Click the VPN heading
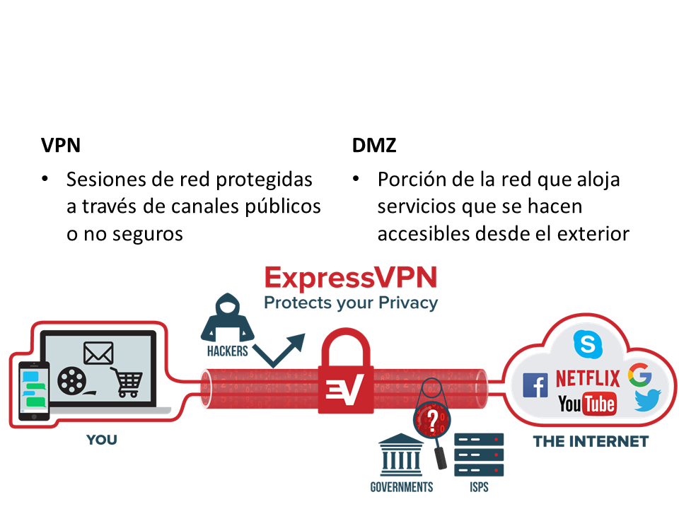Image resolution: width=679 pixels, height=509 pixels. click(x=61, y=146)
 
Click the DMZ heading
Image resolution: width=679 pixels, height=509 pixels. click(x=374, y=146)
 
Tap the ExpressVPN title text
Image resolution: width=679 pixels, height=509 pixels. click(x=350, y=276)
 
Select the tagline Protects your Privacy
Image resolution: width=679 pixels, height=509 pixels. click(x=350, y=303)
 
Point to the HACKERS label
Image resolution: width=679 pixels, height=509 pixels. click(x=228, y=351)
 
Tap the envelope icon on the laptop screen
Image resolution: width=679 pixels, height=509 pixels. click(x=98, y=352)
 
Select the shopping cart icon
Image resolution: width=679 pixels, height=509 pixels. click(x=127, y=382)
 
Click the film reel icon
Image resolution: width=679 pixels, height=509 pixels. click(x=74, y=382)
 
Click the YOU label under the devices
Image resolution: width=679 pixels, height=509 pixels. click(x=102, y=440)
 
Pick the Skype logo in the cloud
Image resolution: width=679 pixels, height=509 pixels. click(x=587, y=344)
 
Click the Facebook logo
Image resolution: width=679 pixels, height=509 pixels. click(x=535, y=385)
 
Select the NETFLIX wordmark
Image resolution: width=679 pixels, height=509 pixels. click(x=587, y=378)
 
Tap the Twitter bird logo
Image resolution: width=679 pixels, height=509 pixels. click(x=646, y=401)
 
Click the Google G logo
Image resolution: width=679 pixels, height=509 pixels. click(x=639, y=375)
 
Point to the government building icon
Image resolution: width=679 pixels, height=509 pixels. click(x=401, y=455)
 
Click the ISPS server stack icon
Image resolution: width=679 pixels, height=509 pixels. click(x=479, y=455)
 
